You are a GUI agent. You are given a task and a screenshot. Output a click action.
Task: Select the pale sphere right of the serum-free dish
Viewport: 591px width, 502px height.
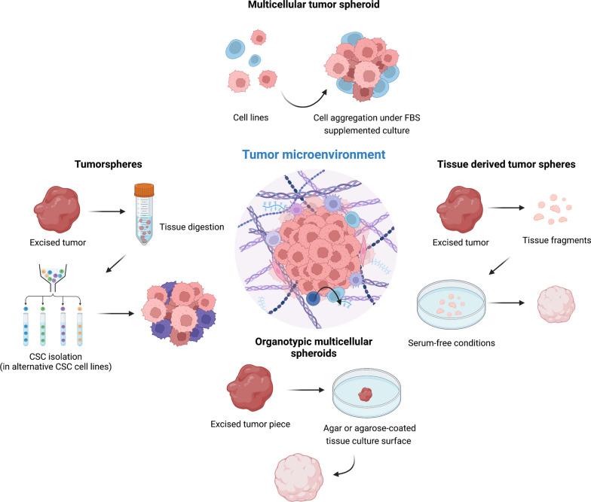tap(557, 303)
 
